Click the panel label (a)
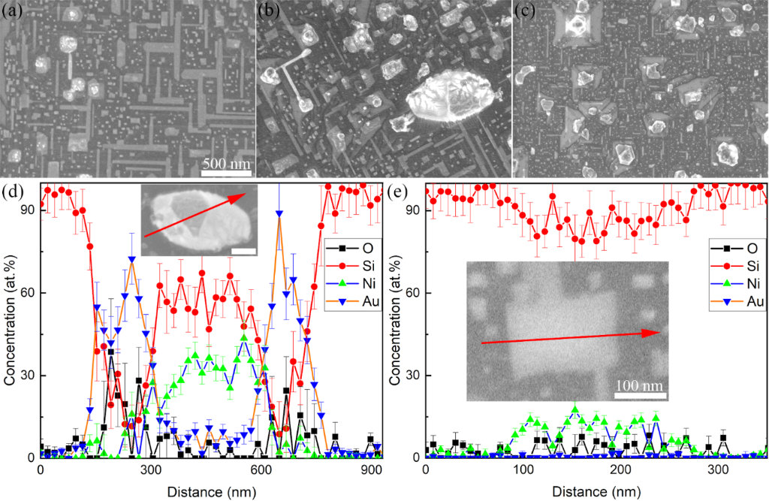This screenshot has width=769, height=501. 13,11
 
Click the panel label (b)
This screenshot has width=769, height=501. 270,11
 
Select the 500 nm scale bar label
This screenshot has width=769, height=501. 227,163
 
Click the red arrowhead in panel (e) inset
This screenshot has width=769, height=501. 658,332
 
